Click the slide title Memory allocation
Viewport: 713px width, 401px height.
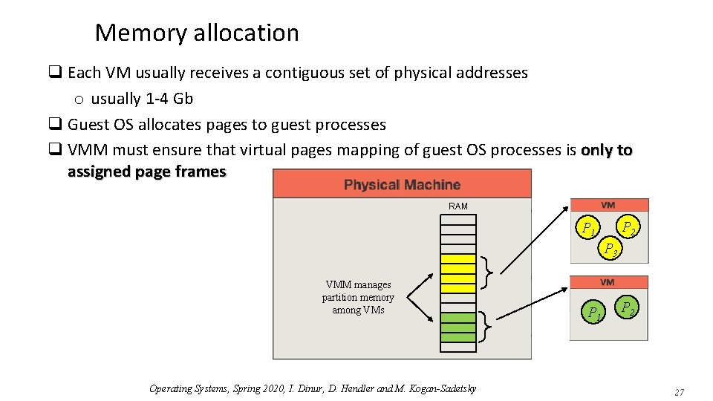coord(197,33)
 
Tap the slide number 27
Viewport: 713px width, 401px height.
coord(679,392)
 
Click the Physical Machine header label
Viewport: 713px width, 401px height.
coord(402,184)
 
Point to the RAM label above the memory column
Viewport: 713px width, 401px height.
coord(458,206)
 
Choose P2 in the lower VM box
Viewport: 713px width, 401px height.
coord(628,307)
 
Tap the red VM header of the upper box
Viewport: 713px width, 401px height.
coord(608,205)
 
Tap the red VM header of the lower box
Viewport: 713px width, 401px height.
coord(608,282)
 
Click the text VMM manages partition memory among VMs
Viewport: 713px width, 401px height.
coord(358,297)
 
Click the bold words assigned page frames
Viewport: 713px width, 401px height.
coord(146,172)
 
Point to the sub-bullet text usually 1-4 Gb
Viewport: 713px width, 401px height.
coord(142,99)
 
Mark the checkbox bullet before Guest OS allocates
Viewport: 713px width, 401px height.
coord(55,125)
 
